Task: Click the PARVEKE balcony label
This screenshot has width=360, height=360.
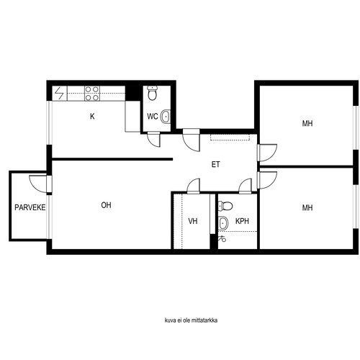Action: click(x=30, y=207)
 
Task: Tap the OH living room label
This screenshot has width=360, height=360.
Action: click(x=106, y=205)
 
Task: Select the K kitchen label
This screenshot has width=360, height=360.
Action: click(x=92, y=117)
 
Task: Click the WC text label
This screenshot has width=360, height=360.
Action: click(x=153, y=117)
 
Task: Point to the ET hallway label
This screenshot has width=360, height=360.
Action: click(x=215, y=164)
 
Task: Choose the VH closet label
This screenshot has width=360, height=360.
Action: click(x=193, y=221)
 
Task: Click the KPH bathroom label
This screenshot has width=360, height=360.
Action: click(x=242, y=221)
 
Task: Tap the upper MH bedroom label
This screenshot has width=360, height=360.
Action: click(x=307, y=123)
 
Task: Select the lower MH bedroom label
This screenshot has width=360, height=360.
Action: click(x=307, y=207)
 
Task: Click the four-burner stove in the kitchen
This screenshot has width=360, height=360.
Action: click(x=92, y=93)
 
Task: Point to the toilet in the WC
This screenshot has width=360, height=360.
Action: click(x=152, y=93)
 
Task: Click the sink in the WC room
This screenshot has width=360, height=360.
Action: click(x=165, y=117)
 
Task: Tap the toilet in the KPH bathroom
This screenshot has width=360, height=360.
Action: click(x=225, y=206)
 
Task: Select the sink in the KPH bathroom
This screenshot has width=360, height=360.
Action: click(x=223, y=222)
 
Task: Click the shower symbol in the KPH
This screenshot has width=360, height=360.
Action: click(x=222, y=239)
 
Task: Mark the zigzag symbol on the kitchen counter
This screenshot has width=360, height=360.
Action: click(x=60, y=93)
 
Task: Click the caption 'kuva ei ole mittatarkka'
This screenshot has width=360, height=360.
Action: click(x=191, y=320)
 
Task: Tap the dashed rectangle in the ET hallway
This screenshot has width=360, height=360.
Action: click(x=230, y=138)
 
